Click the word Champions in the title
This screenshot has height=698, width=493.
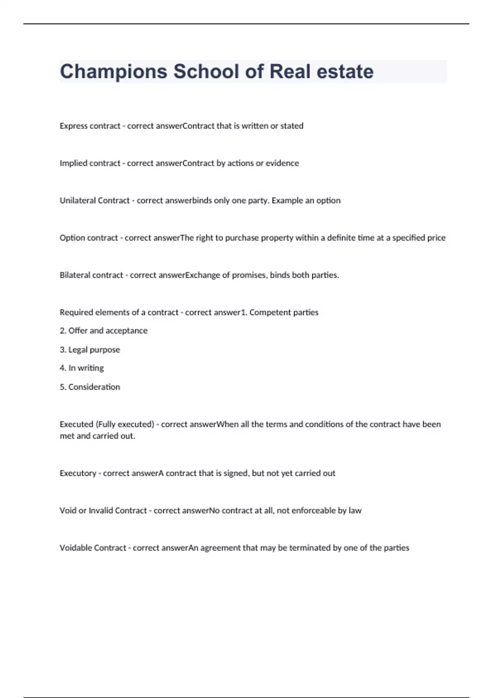coord(113,72)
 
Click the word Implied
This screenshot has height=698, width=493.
coord(73,163)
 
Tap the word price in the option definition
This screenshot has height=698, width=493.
coord(436,238)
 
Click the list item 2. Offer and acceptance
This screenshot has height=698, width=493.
coord(104,331)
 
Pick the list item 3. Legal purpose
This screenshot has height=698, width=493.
coord(90,350)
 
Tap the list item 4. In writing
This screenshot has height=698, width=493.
coord(82,368)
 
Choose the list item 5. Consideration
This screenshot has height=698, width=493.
coord(90,387)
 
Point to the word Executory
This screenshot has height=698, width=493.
coord(78,473)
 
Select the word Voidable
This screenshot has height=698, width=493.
coord(76,548)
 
